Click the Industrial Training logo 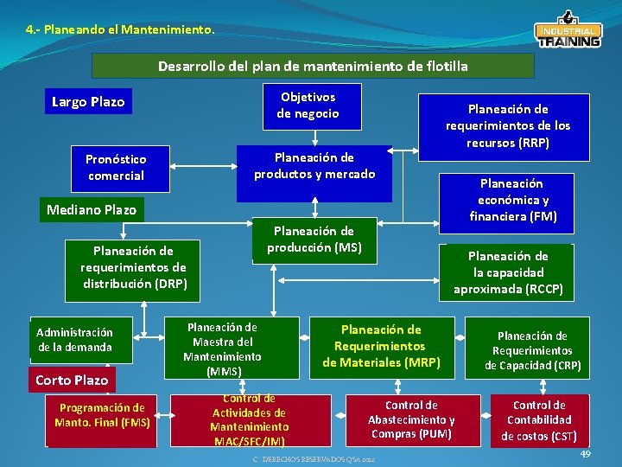568,30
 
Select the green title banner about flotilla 313,66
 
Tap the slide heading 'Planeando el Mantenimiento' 120,29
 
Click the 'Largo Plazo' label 88,102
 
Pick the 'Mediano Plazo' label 91,209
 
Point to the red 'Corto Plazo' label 72,380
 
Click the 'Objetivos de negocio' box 308,106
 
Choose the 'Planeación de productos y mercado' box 314,166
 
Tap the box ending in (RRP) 507,126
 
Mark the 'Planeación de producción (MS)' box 314,240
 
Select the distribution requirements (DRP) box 133,267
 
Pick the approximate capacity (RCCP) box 507,272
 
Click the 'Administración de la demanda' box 74,340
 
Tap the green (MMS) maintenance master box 222,349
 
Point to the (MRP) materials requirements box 381,345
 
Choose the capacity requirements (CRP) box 532,350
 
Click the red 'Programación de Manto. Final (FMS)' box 102,415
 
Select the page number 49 585,454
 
